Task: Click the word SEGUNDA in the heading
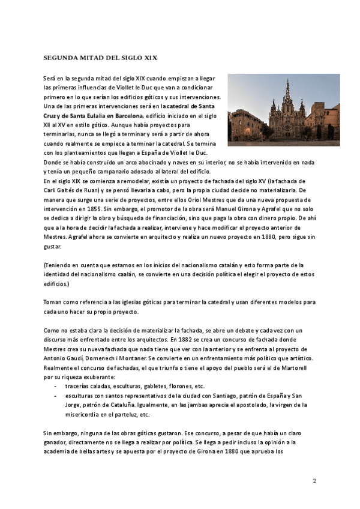(x=60, y=58)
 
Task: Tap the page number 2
(x=314, y=481)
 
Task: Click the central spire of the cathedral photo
(x=287, y=90)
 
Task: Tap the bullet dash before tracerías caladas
(x=56, y=386)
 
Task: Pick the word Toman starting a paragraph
(x=53, y=302)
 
